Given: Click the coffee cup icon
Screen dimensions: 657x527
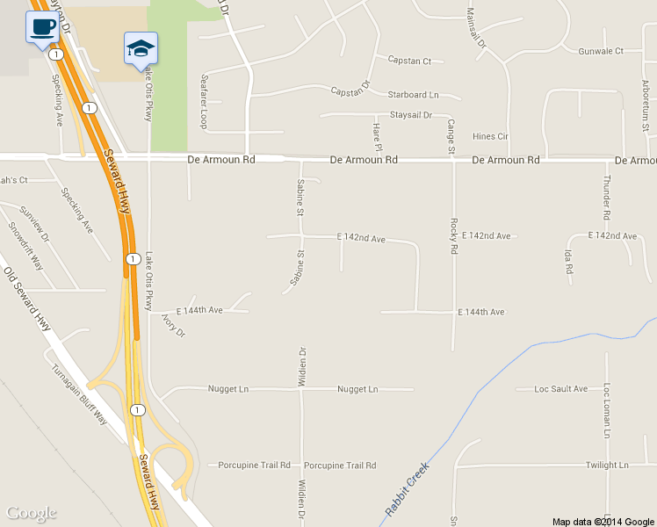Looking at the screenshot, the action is [x=42, y=25].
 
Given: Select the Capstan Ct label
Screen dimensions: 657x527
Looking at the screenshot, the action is [x=409, y=61].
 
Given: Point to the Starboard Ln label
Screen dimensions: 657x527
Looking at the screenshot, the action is [x=413, y=95].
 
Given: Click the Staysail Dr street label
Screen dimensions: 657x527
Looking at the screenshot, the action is [x=410, y=115].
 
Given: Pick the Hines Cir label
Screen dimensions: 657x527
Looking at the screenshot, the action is [x=490, y=136].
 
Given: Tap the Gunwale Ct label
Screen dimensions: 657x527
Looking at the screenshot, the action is [x=601, y=51].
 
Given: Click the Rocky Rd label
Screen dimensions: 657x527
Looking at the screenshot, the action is [x=454, y=236].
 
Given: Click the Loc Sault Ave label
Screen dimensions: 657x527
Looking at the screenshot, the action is [x=561, y=388].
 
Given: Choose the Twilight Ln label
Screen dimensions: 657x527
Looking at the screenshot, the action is [x=608, y=466].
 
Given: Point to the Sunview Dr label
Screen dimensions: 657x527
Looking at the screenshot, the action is [x=36, y=225].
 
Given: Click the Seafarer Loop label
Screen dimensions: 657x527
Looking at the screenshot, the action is [x=204, y=101].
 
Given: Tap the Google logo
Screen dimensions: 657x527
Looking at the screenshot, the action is [x=31, y=513].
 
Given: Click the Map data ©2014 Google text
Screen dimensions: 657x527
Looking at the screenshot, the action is [x=603, y=521].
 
